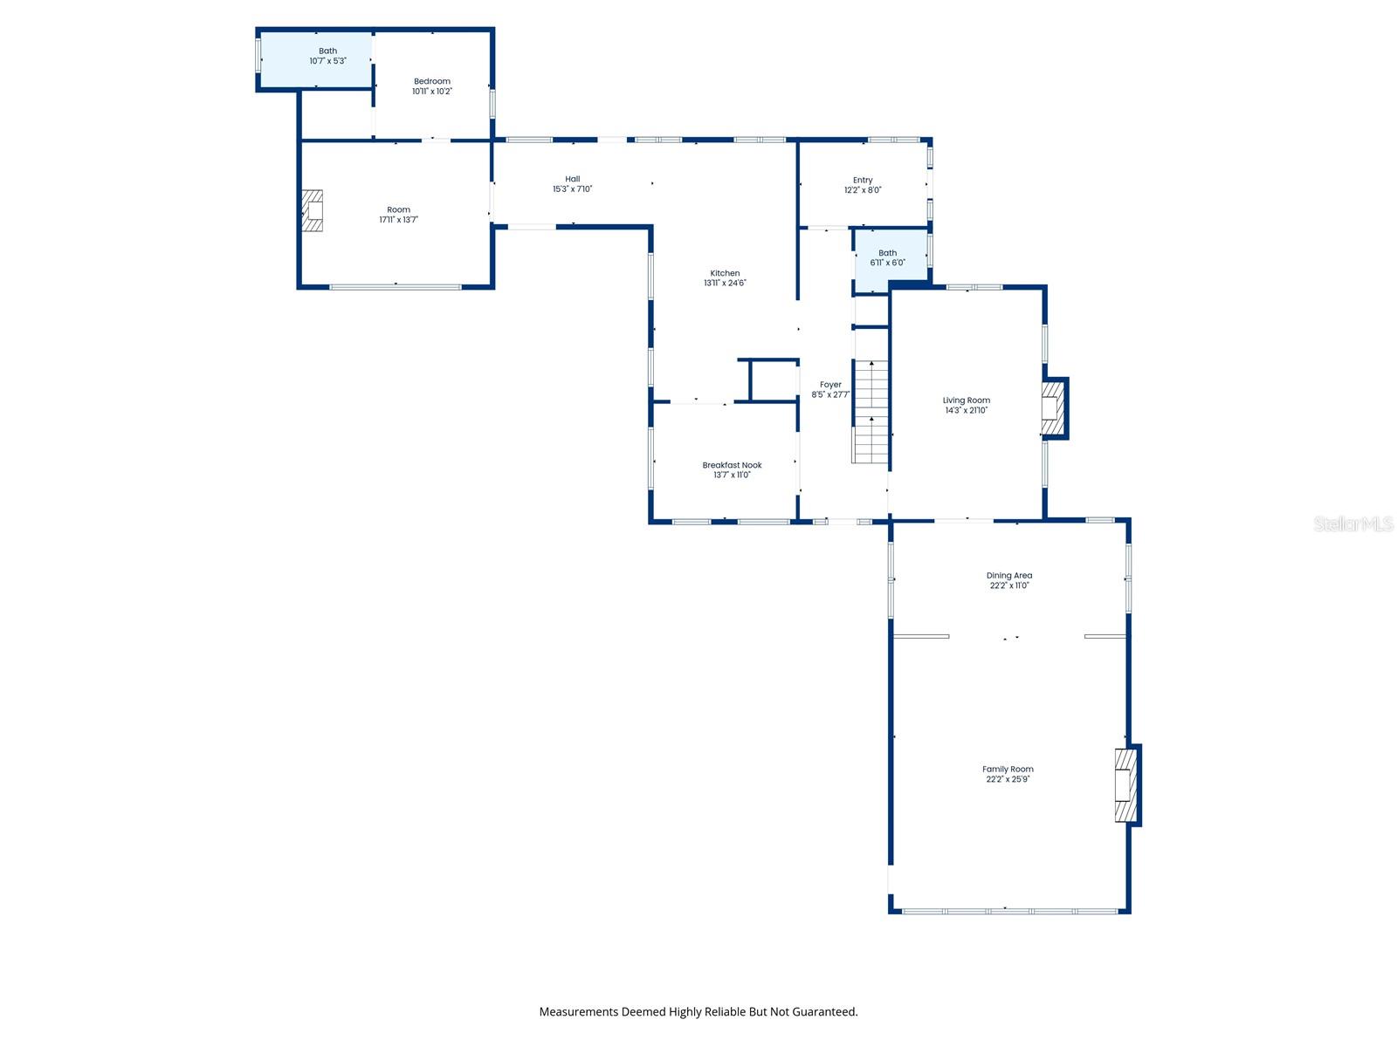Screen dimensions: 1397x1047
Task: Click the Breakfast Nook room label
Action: pos(732,465)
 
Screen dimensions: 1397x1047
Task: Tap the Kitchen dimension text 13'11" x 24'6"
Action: pos(725,283)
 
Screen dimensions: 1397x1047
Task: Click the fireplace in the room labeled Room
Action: pos(312,210)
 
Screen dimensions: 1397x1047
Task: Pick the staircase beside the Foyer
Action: pos(870,411)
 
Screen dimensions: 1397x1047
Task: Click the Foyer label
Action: pos(830,385)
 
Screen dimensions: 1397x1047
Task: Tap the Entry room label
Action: pos(863,180)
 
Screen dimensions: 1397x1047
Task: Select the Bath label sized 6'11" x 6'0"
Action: pos(887,252)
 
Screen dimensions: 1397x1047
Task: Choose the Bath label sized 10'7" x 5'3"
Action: pos(327,51)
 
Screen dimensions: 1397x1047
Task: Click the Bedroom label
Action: pos(431,81)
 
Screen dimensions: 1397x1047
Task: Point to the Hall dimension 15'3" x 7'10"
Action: pos(572,188)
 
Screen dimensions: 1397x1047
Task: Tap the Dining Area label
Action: pos(1008,575)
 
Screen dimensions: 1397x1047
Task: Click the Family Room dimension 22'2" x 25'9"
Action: pos(1008,779)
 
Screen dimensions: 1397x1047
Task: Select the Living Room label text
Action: pos(966,400)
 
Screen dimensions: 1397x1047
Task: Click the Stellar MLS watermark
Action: pos(1353,523)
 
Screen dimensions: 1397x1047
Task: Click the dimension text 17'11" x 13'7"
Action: pos(398,219)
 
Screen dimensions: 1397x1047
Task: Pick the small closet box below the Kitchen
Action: pos(773,380)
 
